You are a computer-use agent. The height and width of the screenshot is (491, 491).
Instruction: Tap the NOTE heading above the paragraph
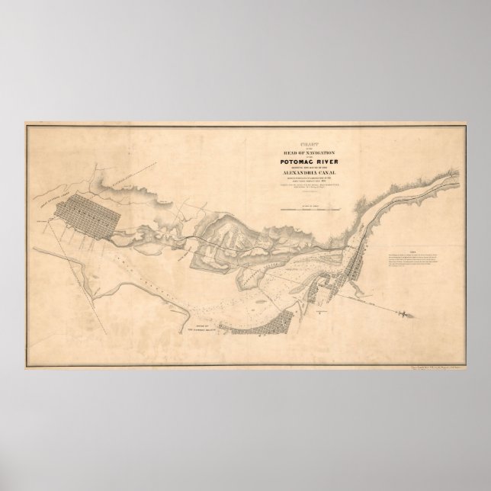point(412,252)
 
